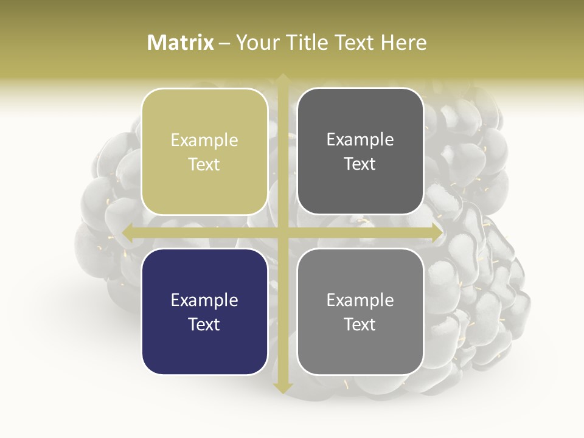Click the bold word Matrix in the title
181,43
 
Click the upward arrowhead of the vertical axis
282,79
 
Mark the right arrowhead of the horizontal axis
436,232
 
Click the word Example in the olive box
204,141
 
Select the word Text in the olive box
204,164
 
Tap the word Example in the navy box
204,301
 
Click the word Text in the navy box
204,324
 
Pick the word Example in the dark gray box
360,140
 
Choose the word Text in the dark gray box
360,164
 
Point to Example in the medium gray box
360,301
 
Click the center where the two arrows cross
282,232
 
